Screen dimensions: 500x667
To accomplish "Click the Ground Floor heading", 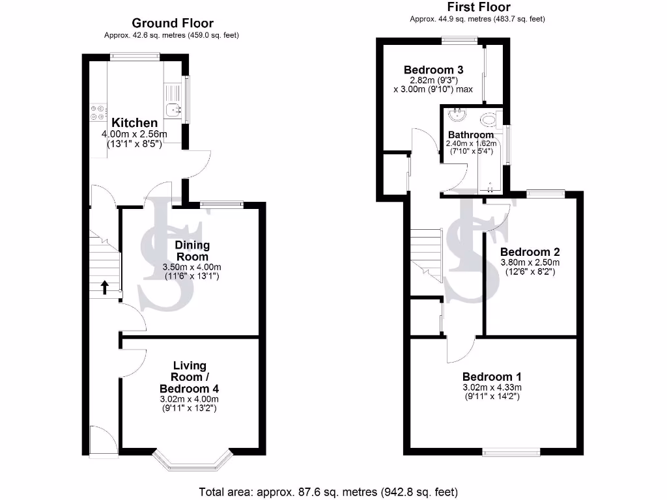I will tap(173, 23).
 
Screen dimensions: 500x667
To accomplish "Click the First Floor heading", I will tap(477, 8).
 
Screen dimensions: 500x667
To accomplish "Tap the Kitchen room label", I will tap(134, 123).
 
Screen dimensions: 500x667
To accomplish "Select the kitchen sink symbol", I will tap(173, 110).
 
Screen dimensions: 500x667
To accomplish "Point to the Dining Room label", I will tap(192, 251).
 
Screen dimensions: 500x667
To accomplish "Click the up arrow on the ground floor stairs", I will tap(104, 287).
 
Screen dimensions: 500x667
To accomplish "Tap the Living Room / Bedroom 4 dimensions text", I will tap(190, 404).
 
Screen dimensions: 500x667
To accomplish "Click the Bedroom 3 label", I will tap(433, 70).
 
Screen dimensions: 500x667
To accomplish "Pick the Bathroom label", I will tap(470, 135).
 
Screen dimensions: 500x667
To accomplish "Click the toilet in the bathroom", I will tap(488, 120).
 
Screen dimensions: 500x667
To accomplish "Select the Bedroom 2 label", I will tap(530, 252).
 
